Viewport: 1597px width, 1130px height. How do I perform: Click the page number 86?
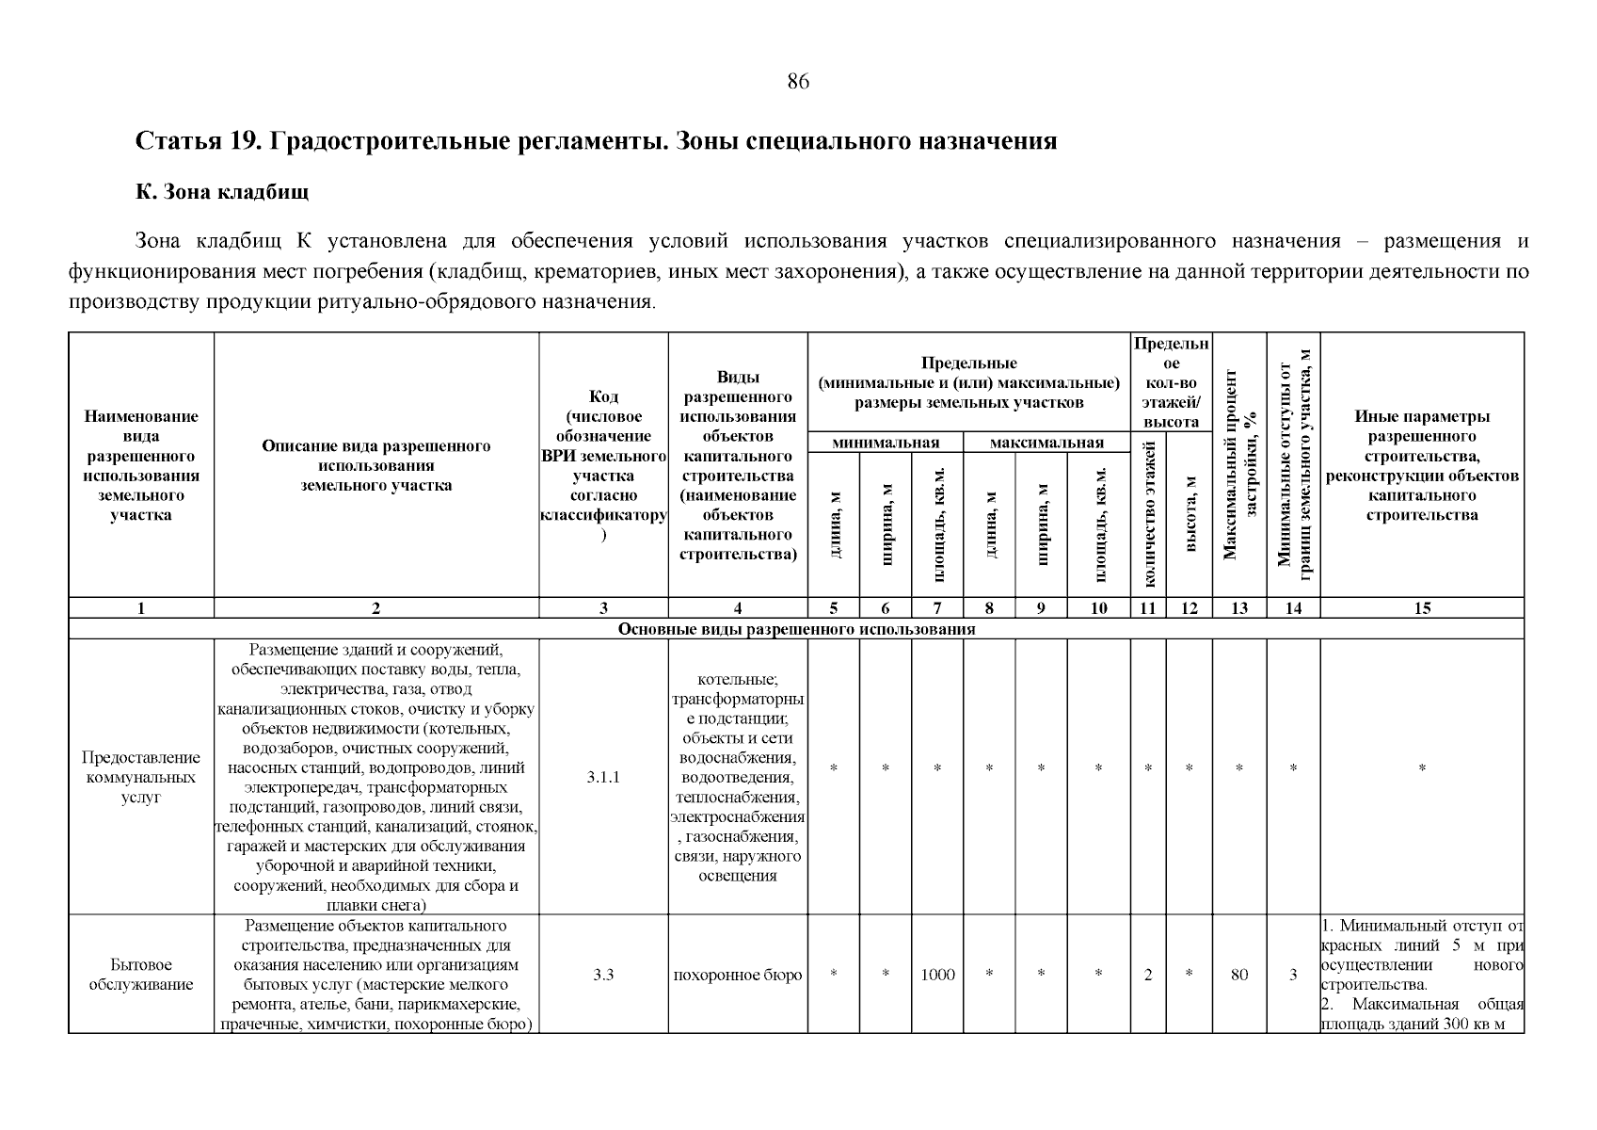pos(797,82)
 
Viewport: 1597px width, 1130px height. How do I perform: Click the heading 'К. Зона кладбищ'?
pos(222,192)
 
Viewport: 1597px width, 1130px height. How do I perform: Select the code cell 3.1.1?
pos(603,778)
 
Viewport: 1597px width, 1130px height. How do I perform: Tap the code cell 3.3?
pos(603,975)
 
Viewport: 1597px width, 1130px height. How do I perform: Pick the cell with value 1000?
pos(937,975)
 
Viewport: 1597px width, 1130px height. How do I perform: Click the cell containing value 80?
pos(1239,975)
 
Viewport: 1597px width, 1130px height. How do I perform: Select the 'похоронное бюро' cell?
pos(738,975)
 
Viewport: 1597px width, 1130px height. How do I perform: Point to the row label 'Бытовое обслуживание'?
pos(141,975)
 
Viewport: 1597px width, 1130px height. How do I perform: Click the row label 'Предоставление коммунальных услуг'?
pos(141,778)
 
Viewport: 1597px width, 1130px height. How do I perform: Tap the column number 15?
pos(1422,608)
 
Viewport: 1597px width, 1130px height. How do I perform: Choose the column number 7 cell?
pos(937,608)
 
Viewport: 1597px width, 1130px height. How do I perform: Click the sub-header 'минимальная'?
pos(886,443)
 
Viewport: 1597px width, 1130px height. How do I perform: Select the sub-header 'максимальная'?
pos(1046,443)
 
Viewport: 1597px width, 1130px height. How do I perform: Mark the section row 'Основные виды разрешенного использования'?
pos(796,629)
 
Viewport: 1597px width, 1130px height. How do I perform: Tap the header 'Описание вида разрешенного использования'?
pos(375,466)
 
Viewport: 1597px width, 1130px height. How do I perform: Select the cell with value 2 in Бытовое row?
pos(1148,975)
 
